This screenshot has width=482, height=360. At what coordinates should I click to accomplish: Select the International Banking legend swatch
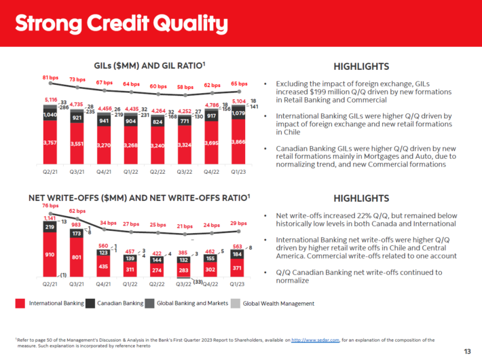21,304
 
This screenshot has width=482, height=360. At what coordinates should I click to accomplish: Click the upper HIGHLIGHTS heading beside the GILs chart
362,67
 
